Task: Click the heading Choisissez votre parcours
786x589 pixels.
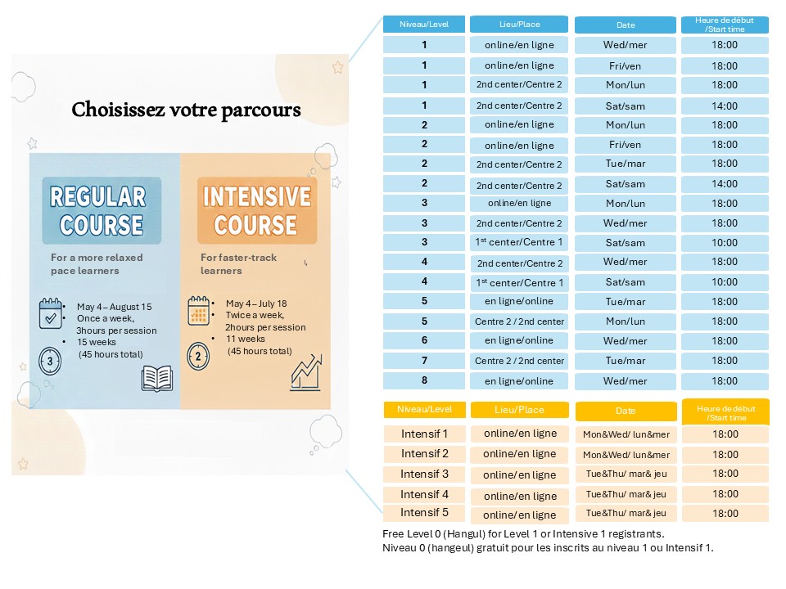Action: pyautogui.click(x=186, y=110)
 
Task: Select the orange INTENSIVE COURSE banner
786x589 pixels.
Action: pyautogui.click(x=256, y=210)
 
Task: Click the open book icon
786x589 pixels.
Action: pyautogui.click(x=157, y=378)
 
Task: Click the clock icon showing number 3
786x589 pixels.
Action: pyautogui.click(x=50, y=360)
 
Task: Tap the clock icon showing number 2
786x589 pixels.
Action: pyautogui.click(x=197, y=356)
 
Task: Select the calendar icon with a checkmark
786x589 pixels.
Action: pyautogui.click(x=51, y=313)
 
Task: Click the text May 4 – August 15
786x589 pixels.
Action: pyautogui.click(x=114, y=307)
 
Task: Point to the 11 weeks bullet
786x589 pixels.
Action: pyautogui.click(x=245, y=339)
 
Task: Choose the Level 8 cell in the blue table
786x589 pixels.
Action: pyautogui.click(x=424, y=380)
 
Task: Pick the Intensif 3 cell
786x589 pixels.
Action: pyautogui.click(x=424, y=474)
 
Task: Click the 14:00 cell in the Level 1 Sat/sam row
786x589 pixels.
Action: pyautogui.click(x=725, y=106)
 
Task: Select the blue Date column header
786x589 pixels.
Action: pyautogui.click(x=625, y=25)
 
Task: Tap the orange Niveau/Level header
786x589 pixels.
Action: pyautogui.click(x=424, y=409)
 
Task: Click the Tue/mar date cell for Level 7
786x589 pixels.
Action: pyautogui.click(x=625, y=361)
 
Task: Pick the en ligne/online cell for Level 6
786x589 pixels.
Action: pyautogui.click(x=519, y=340)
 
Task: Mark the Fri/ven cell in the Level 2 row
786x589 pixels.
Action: pyautogui.click(x=625, y=145)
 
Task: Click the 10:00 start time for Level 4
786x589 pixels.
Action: pyautogui.click(x=725, y=282)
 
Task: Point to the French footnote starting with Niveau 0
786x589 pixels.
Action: pyautogui.click(x=547, y=548)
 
